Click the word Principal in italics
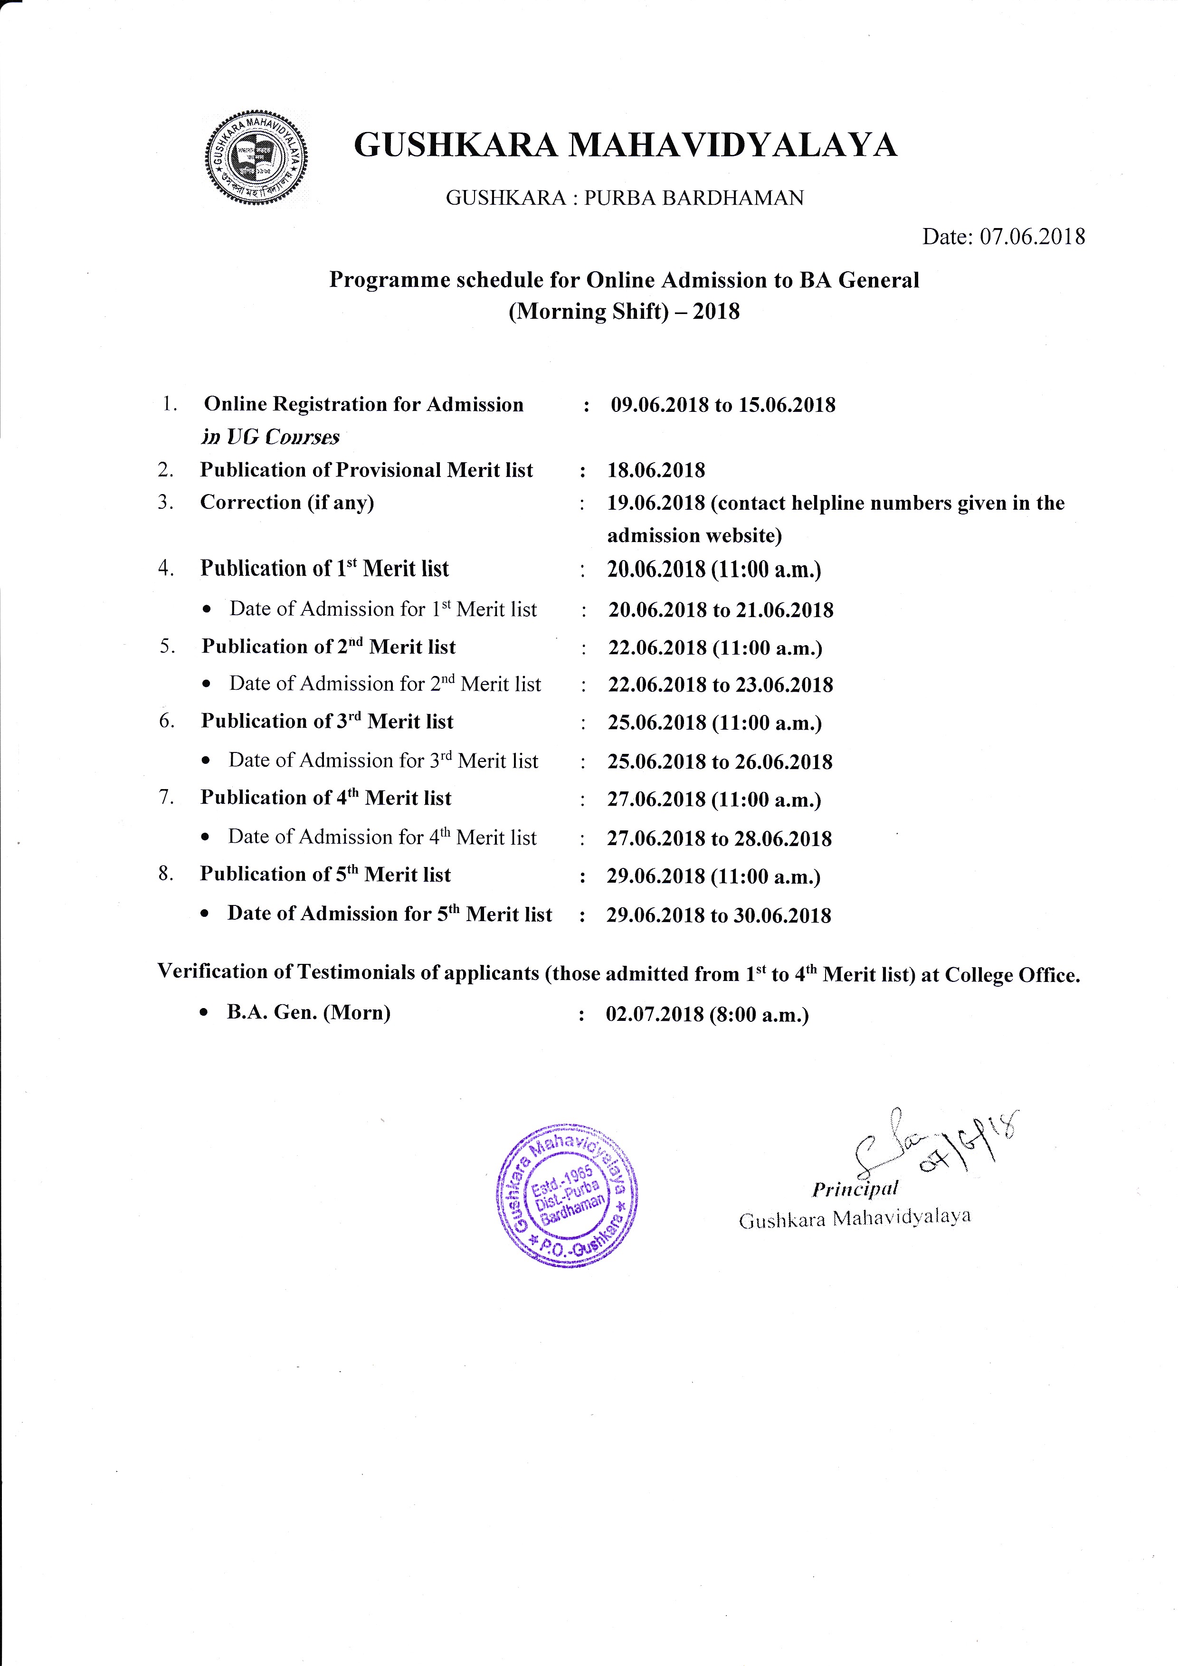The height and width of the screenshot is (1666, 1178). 855,1188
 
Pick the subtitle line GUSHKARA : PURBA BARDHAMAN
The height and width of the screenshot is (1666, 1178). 625,198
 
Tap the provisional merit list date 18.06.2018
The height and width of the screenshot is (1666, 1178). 655,470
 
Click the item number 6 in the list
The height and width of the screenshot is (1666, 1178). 166,721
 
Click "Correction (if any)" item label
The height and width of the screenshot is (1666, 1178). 287,502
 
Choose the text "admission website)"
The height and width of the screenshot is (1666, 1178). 694,535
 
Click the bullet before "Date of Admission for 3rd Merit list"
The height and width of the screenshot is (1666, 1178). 207,761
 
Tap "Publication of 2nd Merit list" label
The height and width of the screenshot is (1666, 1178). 329,647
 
